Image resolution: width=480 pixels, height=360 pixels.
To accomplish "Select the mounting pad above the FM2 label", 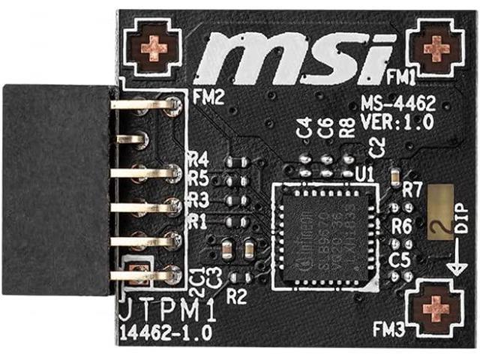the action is point(154,48).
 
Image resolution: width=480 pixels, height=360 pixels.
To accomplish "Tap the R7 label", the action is point(412,190).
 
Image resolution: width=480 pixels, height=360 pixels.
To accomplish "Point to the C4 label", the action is point(304,128).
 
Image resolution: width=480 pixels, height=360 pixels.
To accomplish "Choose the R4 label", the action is point(198,160).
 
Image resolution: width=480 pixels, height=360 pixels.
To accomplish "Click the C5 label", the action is point(400,259).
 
